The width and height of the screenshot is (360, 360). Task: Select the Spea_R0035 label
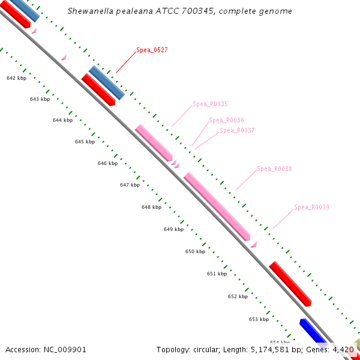pos(210,104)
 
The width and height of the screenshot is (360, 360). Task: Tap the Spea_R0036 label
pos(226,120)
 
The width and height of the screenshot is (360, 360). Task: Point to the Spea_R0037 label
pos(237,130)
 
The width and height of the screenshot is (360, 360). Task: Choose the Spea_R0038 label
pos(274,169)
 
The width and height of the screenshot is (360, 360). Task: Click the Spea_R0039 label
pos(311,207)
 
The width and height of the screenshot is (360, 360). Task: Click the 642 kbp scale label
pos(16,79)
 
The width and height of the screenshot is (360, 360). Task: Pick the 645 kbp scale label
pos(85,142)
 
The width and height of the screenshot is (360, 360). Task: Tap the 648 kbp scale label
pos(151,207)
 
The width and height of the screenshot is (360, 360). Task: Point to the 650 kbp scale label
pos(195,251)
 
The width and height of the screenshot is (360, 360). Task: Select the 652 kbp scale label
pos(238,296)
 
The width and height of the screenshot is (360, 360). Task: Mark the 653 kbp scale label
pos(259,319)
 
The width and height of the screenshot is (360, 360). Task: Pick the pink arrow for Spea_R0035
pos(154,142)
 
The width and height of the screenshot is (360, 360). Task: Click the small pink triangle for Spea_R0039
pos(254,244)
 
